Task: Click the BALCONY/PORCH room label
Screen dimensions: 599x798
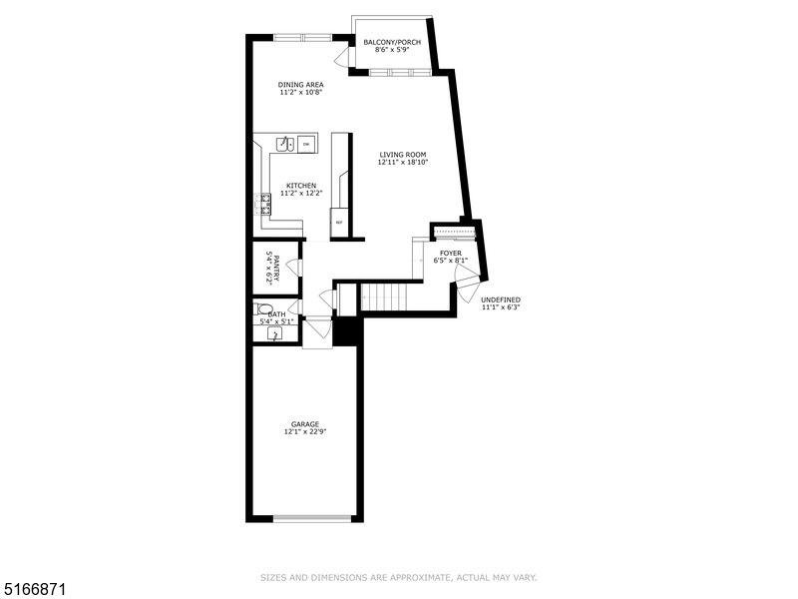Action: click(x=392, y=42)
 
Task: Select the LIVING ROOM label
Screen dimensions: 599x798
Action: click(x=402, y=155)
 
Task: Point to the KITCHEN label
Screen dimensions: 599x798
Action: click(x=301, y=186)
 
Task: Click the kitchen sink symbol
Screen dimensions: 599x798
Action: click(x=283, y=144)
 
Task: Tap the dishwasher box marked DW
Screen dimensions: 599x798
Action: click(x=306, y=145)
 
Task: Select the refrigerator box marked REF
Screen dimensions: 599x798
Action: click(x=339, y=222)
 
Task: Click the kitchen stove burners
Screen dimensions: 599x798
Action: click(x=265, y=204)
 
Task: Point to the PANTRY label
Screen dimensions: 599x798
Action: click(x=269, y=268)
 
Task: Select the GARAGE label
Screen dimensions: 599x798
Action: click(x=305, y=423)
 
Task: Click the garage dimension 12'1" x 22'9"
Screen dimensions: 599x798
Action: click(x=305, y=432)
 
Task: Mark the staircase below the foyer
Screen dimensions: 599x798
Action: click(x=380, y=297)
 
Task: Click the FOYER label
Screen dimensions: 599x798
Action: click(x=451, y=254)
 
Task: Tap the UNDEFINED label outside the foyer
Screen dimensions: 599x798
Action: click(x=501, y=299)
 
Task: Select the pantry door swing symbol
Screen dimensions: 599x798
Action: click(x=293, y=267)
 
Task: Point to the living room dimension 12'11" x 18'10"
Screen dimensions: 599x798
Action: click(x=402, y=164)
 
